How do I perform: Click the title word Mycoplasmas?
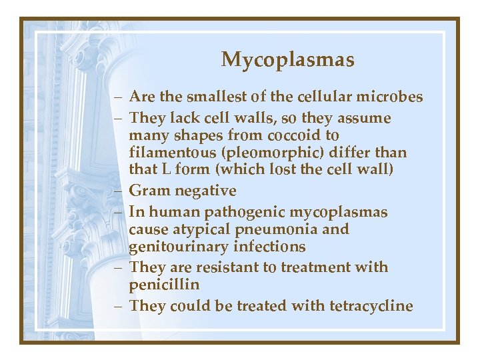(x=287, y=60)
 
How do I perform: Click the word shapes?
(x=195, y=135)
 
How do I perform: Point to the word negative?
(x=205, y=191)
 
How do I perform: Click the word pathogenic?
(x=253, y=212)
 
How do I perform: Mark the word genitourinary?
(x=173, y=247)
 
